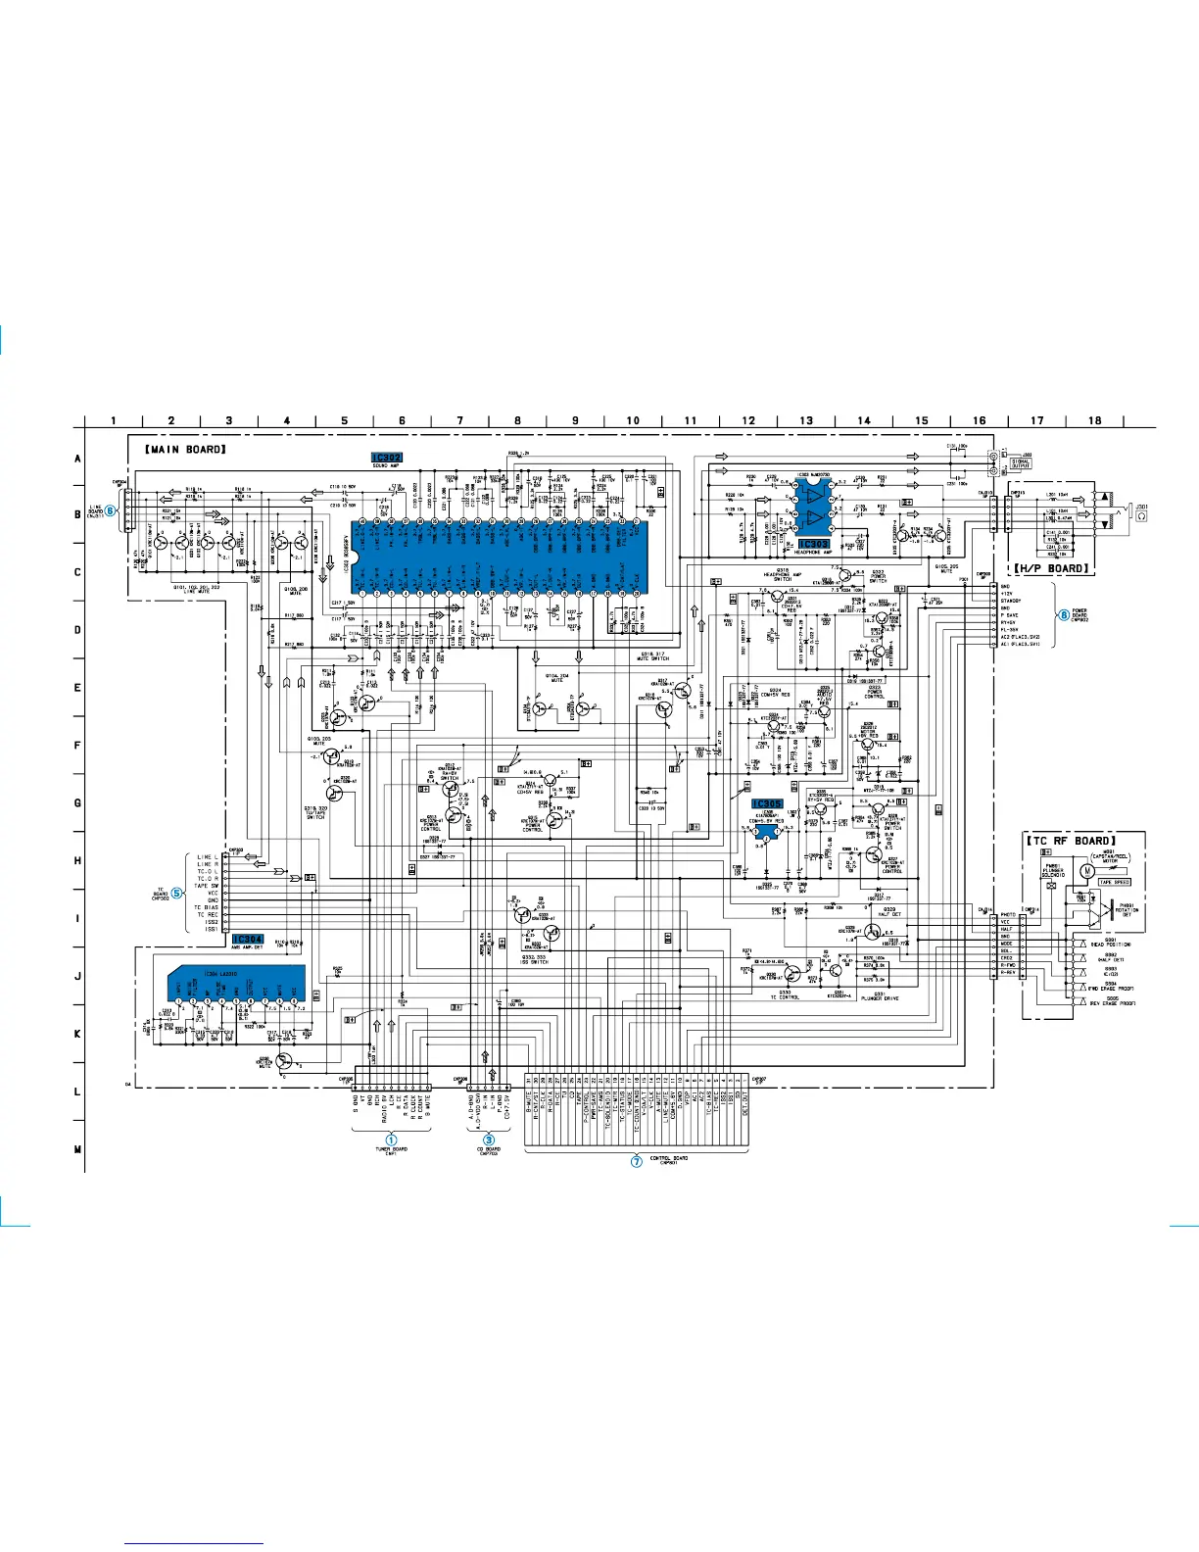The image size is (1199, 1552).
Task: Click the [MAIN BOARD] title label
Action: [185, 449]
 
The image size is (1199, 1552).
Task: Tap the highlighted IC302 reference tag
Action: [387, 458]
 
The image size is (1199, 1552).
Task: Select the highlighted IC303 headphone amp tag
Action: [813, 544]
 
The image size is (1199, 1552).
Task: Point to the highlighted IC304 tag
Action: [248, 939]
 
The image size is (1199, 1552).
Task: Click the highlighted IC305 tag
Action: [767, 803]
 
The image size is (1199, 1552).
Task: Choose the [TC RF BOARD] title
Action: [1070, 841]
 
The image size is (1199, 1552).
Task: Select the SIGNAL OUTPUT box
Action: [1020, 464]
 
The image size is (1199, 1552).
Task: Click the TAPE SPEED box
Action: [1114, 882]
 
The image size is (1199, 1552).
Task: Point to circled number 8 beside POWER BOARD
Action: [1064, 615]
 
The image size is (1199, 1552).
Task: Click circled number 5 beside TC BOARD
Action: [176, 893]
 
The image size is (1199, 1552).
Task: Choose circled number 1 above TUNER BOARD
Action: [391, 1140]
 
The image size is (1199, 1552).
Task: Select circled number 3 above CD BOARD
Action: [489, 1140]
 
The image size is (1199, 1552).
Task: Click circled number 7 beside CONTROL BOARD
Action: [636, 1161]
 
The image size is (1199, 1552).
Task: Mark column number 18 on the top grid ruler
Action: [1094, 420]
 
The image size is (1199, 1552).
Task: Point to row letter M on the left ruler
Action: [77, 1149]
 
